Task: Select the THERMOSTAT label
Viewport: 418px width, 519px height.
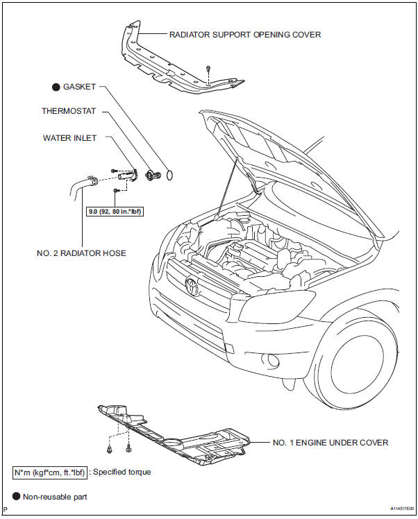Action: click(x=68, y=110)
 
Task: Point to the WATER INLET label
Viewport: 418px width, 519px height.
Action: click(x=68, y=137)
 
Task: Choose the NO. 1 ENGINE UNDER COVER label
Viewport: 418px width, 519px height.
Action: click(x=331, y=442)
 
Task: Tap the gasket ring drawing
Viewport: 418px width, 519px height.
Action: click(x=170, y=175)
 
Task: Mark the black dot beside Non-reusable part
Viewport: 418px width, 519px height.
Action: click(x=17, y=496)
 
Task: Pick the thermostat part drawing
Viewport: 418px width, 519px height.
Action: click(x=151, y=174)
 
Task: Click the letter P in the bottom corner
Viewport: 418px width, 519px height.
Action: click(x=6, y=511)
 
